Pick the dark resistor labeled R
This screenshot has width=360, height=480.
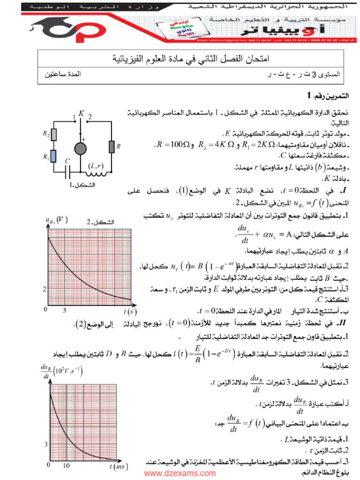tap(112, 146)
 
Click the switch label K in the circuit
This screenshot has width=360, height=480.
tap(82, 113)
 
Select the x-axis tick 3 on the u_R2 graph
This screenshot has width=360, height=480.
tap(64, 310)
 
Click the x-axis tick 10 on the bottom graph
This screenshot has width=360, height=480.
tap(67, 465)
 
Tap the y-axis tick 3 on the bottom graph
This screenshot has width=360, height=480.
tap(45, 443)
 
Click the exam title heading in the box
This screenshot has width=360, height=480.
tap(192, 60)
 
